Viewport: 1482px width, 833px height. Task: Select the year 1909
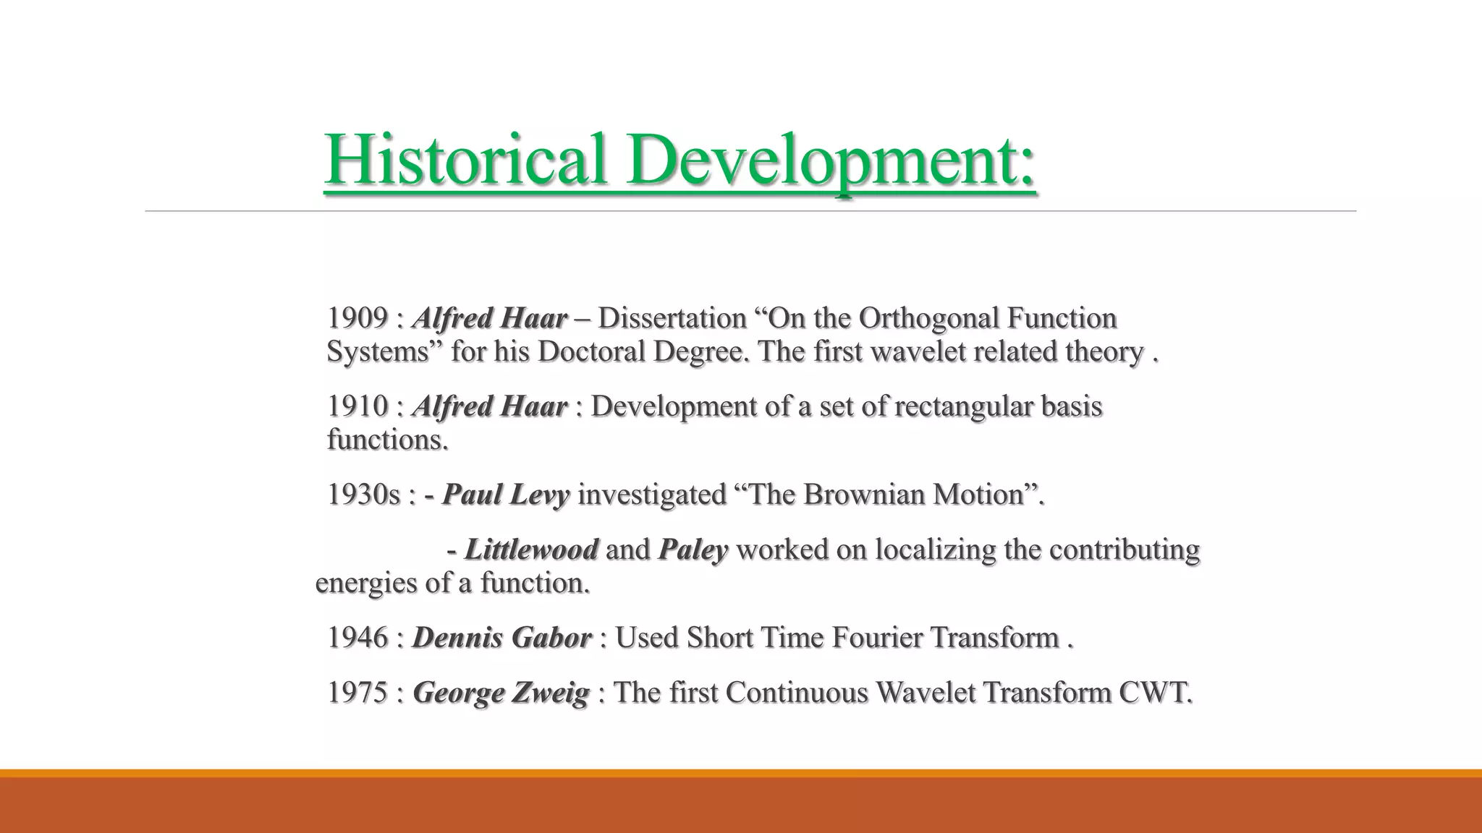pos(357,318)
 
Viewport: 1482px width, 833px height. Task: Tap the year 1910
pos(357,406)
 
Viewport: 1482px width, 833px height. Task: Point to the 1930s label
pos(363,495)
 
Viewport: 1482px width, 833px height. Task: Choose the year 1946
pos(357,638)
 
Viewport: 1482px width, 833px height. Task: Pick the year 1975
pos(357,693)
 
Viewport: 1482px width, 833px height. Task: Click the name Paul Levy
pos(506,495)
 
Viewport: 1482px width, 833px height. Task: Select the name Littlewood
pos(531,550)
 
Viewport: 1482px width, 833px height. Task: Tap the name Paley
pos(693,550)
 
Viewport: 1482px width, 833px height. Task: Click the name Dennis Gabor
pos(501,638)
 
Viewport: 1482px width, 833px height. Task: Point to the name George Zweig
pos(501,693)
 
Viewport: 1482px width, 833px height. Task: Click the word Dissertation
pos(672,318)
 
